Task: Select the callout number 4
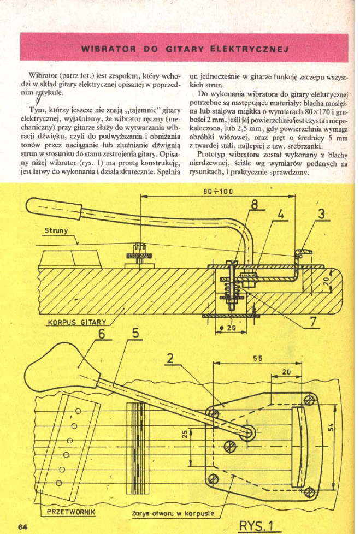click(281, 213)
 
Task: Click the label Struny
click(56, 230)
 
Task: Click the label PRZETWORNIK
click(71, 512)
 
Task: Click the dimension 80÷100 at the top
click(217, 192)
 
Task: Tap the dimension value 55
click(257, 358)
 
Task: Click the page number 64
click(22, 526)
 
